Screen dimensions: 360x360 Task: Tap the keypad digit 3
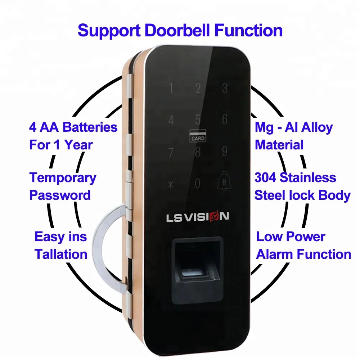click(225, 88)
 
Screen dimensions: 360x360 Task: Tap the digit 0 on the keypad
click(197, 184)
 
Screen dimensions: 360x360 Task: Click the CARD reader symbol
click(198, 136)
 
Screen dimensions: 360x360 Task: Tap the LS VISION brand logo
click(197, 217)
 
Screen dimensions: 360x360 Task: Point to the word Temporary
click(63, 178)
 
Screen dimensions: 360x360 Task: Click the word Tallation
click(61, 254)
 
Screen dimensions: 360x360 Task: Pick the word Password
click(60, 195)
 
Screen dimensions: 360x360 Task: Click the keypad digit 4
click(171, 120)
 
